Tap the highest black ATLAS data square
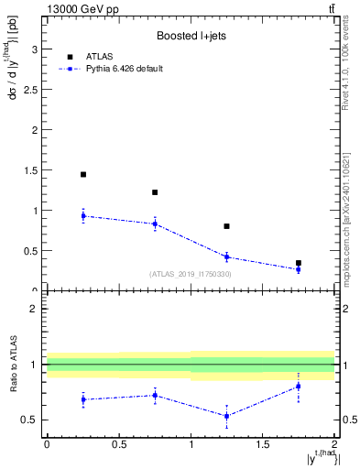point(83,174)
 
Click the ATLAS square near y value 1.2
point(155,192)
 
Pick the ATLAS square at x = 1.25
point(226,225)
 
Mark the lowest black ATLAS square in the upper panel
point(299,263)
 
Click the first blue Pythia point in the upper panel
point(83,216)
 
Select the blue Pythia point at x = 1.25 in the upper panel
point(226,256)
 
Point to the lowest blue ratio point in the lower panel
point(226,416)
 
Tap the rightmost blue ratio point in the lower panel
point(299,387)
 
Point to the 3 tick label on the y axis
point(35,49)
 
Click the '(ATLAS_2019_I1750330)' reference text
point(191,274)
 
